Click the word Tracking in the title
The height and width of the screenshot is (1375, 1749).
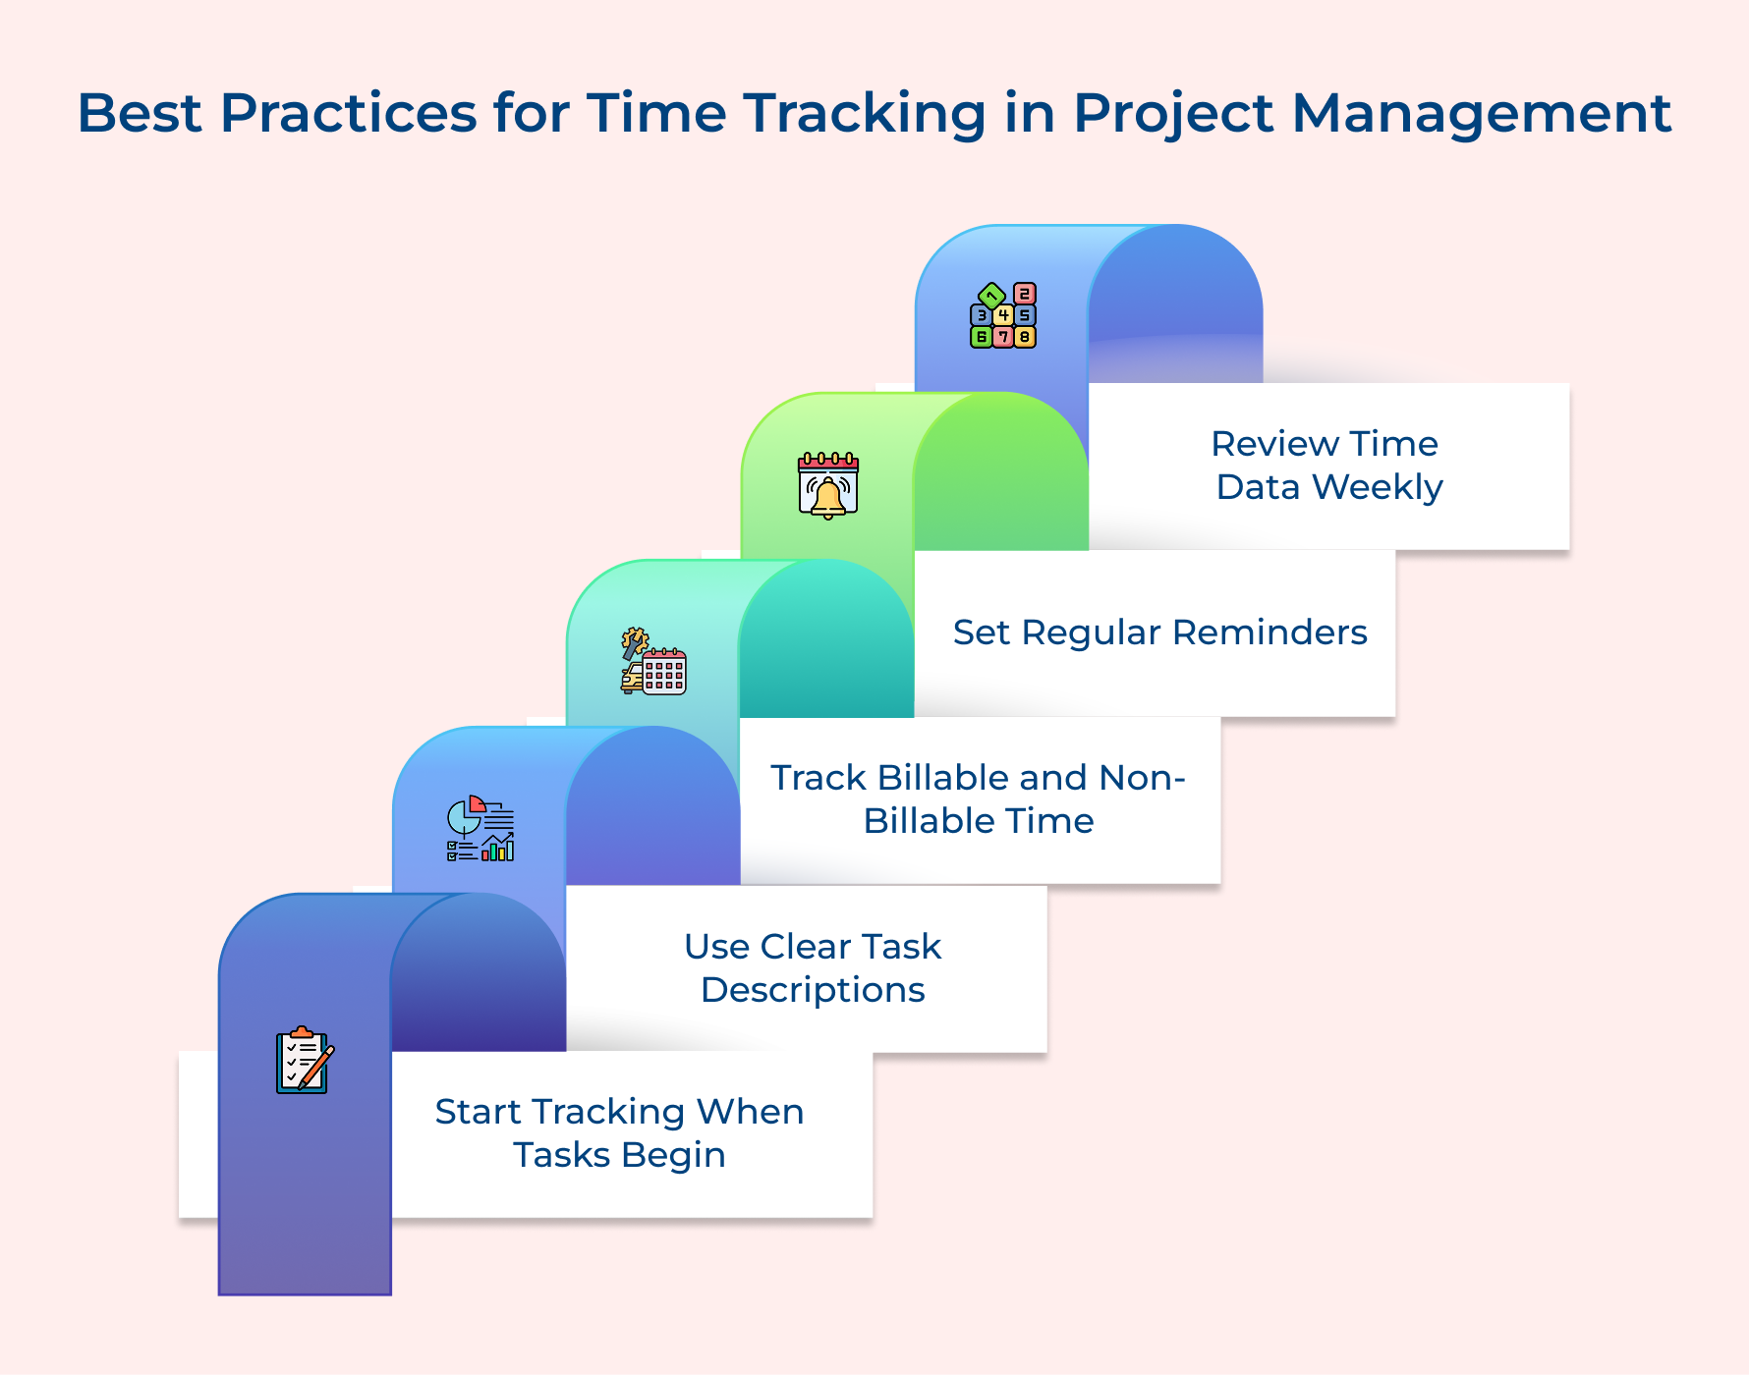(x=864, y=114)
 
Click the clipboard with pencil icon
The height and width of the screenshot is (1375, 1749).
(x=305, y=1061)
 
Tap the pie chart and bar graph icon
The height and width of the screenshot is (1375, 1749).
(x=480, y=829)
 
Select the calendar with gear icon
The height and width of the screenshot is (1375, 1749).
(x=653, y=662)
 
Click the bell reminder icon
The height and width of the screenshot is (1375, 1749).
(x=828, y=485)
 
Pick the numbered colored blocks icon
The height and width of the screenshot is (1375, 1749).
(x=1003, y=315)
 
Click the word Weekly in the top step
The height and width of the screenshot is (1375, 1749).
(x=1378, y=487)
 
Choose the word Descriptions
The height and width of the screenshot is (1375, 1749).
(x=813, y=990)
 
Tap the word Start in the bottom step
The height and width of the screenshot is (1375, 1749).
(x=478, y=1112)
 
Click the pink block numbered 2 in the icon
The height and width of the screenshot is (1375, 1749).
(x=1025, y=294)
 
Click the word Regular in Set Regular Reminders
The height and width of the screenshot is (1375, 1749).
(x=1092, y=632)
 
